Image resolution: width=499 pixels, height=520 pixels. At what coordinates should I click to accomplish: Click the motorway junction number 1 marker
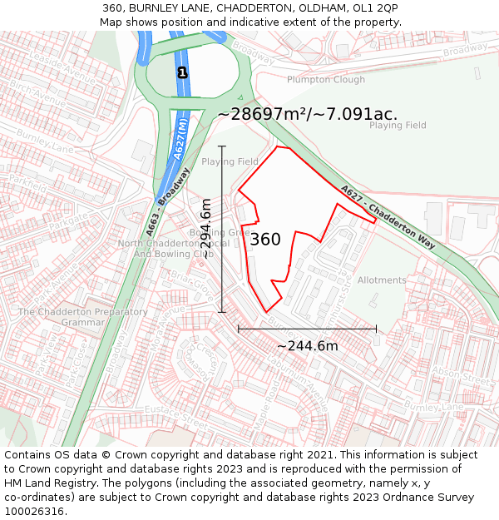coord(182,73)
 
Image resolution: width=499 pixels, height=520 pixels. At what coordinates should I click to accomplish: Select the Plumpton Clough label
coord(326,80)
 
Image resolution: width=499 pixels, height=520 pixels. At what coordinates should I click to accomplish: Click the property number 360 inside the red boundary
coord(265,240)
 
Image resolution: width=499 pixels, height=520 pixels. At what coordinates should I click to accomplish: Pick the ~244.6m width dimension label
coord(307,345)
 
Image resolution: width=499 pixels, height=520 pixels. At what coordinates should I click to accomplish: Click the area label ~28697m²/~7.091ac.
coord(308,114)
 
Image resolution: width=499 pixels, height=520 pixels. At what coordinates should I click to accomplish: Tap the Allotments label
coord(382,280)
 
